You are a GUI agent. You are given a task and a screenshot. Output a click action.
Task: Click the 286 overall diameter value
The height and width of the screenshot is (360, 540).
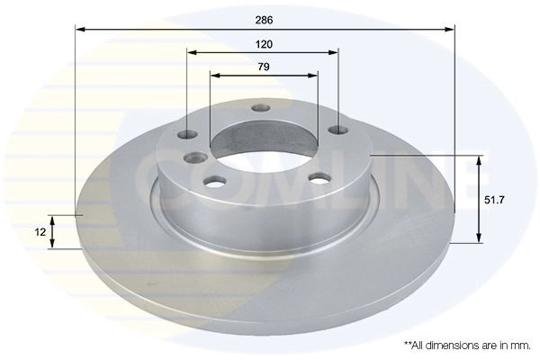coord(264,18)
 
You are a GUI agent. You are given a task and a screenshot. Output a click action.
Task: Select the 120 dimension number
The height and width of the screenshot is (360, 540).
coord(264,43)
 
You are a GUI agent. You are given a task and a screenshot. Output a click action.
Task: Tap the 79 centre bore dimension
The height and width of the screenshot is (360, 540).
coord(264,67)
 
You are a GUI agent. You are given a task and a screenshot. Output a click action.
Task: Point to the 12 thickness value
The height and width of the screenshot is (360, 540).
coord(40,232)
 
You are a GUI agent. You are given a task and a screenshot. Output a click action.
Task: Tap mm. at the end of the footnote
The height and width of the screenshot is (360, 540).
coord(519,345)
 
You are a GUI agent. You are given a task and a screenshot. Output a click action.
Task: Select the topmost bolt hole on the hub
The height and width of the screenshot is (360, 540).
coord(262,109)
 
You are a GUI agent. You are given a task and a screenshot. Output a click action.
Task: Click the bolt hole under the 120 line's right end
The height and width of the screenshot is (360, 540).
coord(338,131)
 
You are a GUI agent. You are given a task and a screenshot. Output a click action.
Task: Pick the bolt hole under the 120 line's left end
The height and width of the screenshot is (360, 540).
coord(187,136)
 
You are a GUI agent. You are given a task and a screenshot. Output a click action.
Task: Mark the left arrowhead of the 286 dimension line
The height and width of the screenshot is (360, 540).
coord(79,30)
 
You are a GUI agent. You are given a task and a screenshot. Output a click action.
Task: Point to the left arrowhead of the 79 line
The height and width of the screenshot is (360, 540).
coord(213,76)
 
